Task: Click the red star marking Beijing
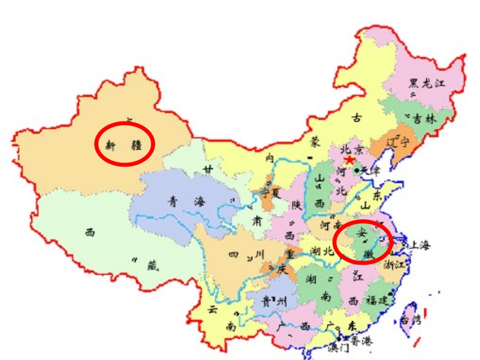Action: pyautogui.click(x=349, y=161)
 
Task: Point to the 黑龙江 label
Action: pyautogui.click(x=427, y=83)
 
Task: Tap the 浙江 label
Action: pyautogui.click(x=395, y=264)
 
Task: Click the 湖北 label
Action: pyautogui.click(x=322, y=251)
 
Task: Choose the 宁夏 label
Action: pyautogui.click(x=273, y=192)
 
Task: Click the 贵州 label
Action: pyautogui.click(x=273, y=302)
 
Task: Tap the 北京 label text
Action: pyautogui.click(x=352, y=149)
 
